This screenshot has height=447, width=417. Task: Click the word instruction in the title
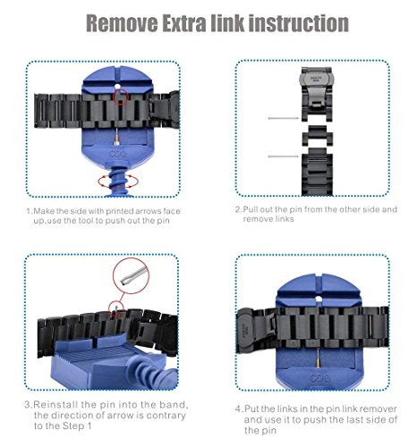[299, 23]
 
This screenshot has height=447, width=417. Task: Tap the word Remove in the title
[122, 23]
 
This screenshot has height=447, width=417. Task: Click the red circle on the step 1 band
[121, 97]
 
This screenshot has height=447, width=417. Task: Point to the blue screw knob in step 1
[118, 180]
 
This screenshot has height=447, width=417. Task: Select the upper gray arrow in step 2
[284, 118]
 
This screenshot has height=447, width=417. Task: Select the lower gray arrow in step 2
[284, 156]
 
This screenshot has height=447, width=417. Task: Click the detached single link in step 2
[318, 136]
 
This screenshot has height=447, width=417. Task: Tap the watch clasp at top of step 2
[317, 89]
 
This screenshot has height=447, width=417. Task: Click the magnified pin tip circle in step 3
[131, 275]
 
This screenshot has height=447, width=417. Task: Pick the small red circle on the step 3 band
[116, 308]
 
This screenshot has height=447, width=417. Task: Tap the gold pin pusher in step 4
[319, 358]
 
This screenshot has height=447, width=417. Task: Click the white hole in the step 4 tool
[319, 299]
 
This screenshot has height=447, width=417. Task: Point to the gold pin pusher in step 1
[117, 137]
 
